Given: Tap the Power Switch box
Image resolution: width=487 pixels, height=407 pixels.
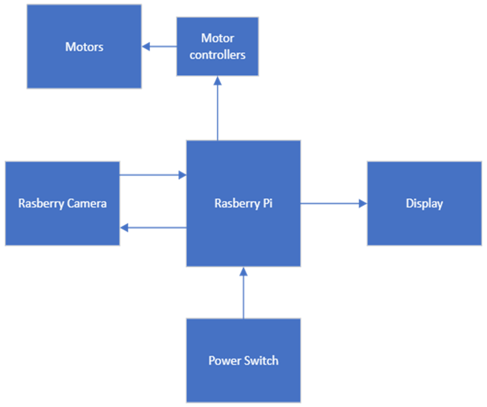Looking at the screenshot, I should point(244,383).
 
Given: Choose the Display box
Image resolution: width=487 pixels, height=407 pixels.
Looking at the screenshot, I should point(424,225).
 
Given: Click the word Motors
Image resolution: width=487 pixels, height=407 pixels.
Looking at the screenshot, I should point(84,47).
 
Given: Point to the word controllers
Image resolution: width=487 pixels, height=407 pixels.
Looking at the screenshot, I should point(218,55).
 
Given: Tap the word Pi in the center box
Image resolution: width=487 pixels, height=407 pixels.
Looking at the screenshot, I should point(268,203).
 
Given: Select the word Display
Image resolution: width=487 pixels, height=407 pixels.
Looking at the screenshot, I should point(424,204).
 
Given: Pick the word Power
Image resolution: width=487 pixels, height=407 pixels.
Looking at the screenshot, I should point(224,361).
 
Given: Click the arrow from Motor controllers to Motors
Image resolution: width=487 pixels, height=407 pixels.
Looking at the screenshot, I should point(160,47).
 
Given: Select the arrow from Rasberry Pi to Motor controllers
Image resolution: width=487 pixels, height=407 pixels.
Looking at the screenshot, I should point(218,109).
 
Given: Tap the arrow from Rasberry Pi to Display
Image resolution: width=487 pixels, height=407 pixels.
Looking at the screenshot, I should point(332,203).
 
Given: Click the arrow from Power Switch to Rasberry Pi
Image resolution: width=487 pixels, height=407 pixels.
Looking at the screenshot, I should point(244,293).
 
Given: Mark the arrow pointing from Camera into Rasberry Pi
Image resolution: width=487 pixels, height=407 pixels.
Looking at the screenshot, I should point(152,175).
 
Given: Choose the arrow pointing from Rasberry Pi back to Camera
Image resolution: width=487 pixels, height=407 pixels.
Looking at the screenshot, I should point(153,228).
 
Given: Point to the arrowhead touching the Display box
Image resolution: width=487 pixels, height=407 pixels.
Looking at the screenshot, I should point(363,203).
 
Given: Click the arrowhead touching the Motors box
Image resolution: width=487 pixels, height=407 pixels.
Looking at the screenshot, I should point(146,47).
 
